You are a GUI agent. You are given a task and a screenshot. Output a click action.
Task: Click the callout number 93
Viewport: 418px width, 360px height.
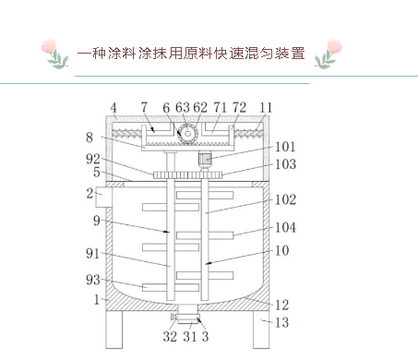(94, 281)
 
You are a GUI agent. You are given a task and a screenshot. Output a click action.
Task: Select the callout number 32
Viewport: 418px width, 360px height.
(170, 337)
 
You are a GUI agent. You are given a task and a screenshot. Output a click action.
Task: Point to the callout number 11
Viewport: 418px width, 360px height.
(266, 108)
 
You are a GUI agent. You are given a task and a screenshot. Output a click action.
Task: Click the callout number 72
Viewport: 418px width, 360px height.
(238, 108)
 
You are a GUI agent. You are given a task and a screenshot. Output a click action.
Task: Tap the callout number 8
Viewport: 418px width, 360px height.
(90, 137)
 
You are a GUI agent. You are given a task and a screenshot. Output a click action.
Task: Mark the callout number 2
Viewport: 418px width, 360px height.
(90, 193)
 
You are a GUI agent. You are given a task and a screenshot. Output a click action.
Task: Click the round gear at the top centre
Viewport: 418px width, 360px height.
(187, 134)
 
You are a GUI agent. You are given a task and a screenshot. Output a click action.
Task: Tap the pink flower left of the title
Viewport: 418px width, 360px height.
(56, 53)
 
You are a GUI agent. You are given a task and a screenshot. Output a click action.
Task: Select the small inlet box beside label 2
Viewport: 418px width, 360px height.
(102, 196)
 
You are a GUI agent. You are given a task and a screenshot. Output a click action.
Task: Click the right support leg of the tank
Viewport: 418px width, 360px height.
(261, 327)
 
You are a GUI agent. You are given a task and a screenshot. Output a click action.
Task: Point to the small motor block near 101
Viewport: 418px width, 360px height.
(207, 159)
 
